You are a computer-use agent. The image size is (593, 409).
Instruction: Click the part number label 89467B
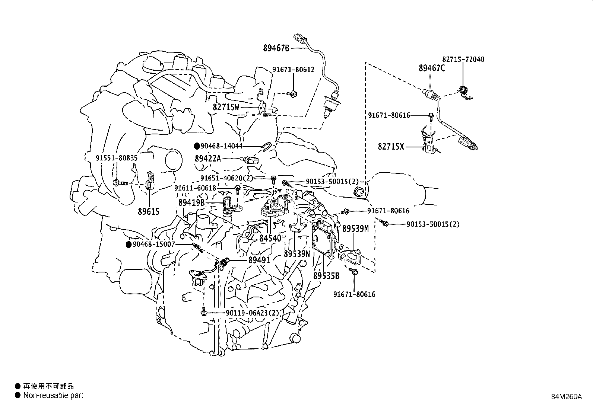tap(276, 48)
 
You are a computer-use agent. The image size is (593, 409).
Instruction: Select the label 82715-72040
tap(463, 59)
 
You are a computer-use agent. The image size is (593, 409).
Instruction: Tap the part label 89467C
tap(432, 68)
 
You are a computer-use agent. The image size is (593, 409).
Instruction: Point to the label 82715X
tap(391, 146)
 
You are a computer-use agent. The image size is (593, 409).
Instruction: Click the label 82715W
tap(226, 107)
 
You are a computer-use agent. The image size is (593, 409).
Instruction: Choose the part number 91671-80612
tap(293, 70)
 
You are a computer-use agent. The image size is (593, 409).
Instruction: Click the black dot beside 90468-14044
tap(197, 146)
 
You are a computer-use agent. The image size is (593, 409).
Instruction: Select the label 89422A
tap(208, 159)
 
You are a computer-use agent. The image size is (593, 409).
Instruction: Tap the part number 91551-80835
tap(117, 158)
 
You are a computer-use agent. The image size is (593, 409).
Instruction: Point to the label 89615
tap(149, 212)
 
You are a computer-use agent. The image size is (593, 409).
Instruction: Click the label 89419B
tap(192, 203)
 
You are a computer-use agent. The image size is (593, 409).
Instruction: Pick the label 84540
tap(270, 238)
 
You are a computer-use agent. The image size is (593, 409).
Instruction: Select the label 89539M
tap(355, 229)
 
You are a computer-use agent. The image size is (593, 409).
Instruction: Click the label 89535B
tap(326, 276)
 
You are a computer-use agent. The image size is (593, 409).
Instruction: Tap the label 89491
tap(259, 260)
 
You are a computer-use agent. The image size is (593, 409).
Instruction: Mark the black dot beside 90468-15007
tap(129, 245)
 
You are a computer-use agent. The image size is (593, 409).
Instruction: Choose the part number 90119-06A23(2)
tap(253, 313)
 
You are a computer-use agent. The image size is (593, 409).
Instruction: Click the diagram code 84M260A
tap(567, 397)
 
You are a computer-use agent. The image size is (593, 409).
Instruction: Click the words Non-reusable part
tap(53, 395)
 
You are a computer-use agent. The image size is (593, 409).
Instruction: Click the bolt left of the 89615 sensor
tap(120, 183)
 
